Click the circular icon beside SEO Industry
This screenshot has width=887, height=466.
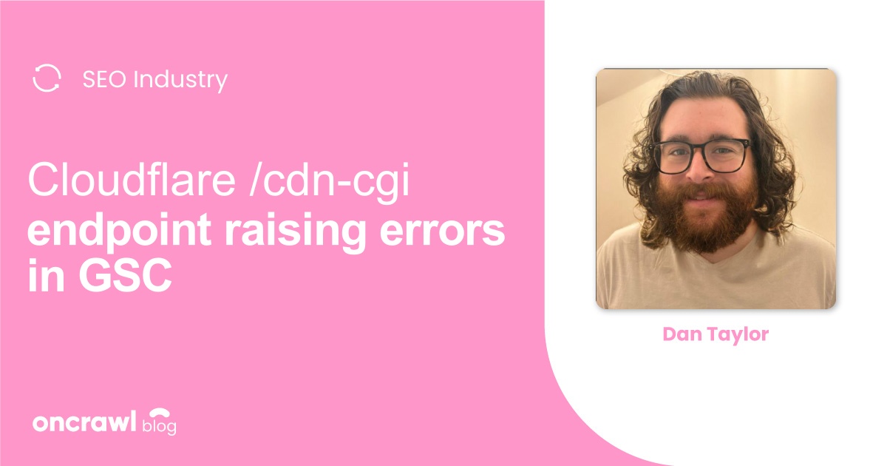47,78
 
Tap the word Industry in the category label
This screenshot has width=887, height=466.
180,80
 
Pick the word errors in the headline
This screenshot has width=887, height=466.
454,232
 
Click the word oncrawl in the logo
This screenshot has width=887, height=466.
84,423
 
